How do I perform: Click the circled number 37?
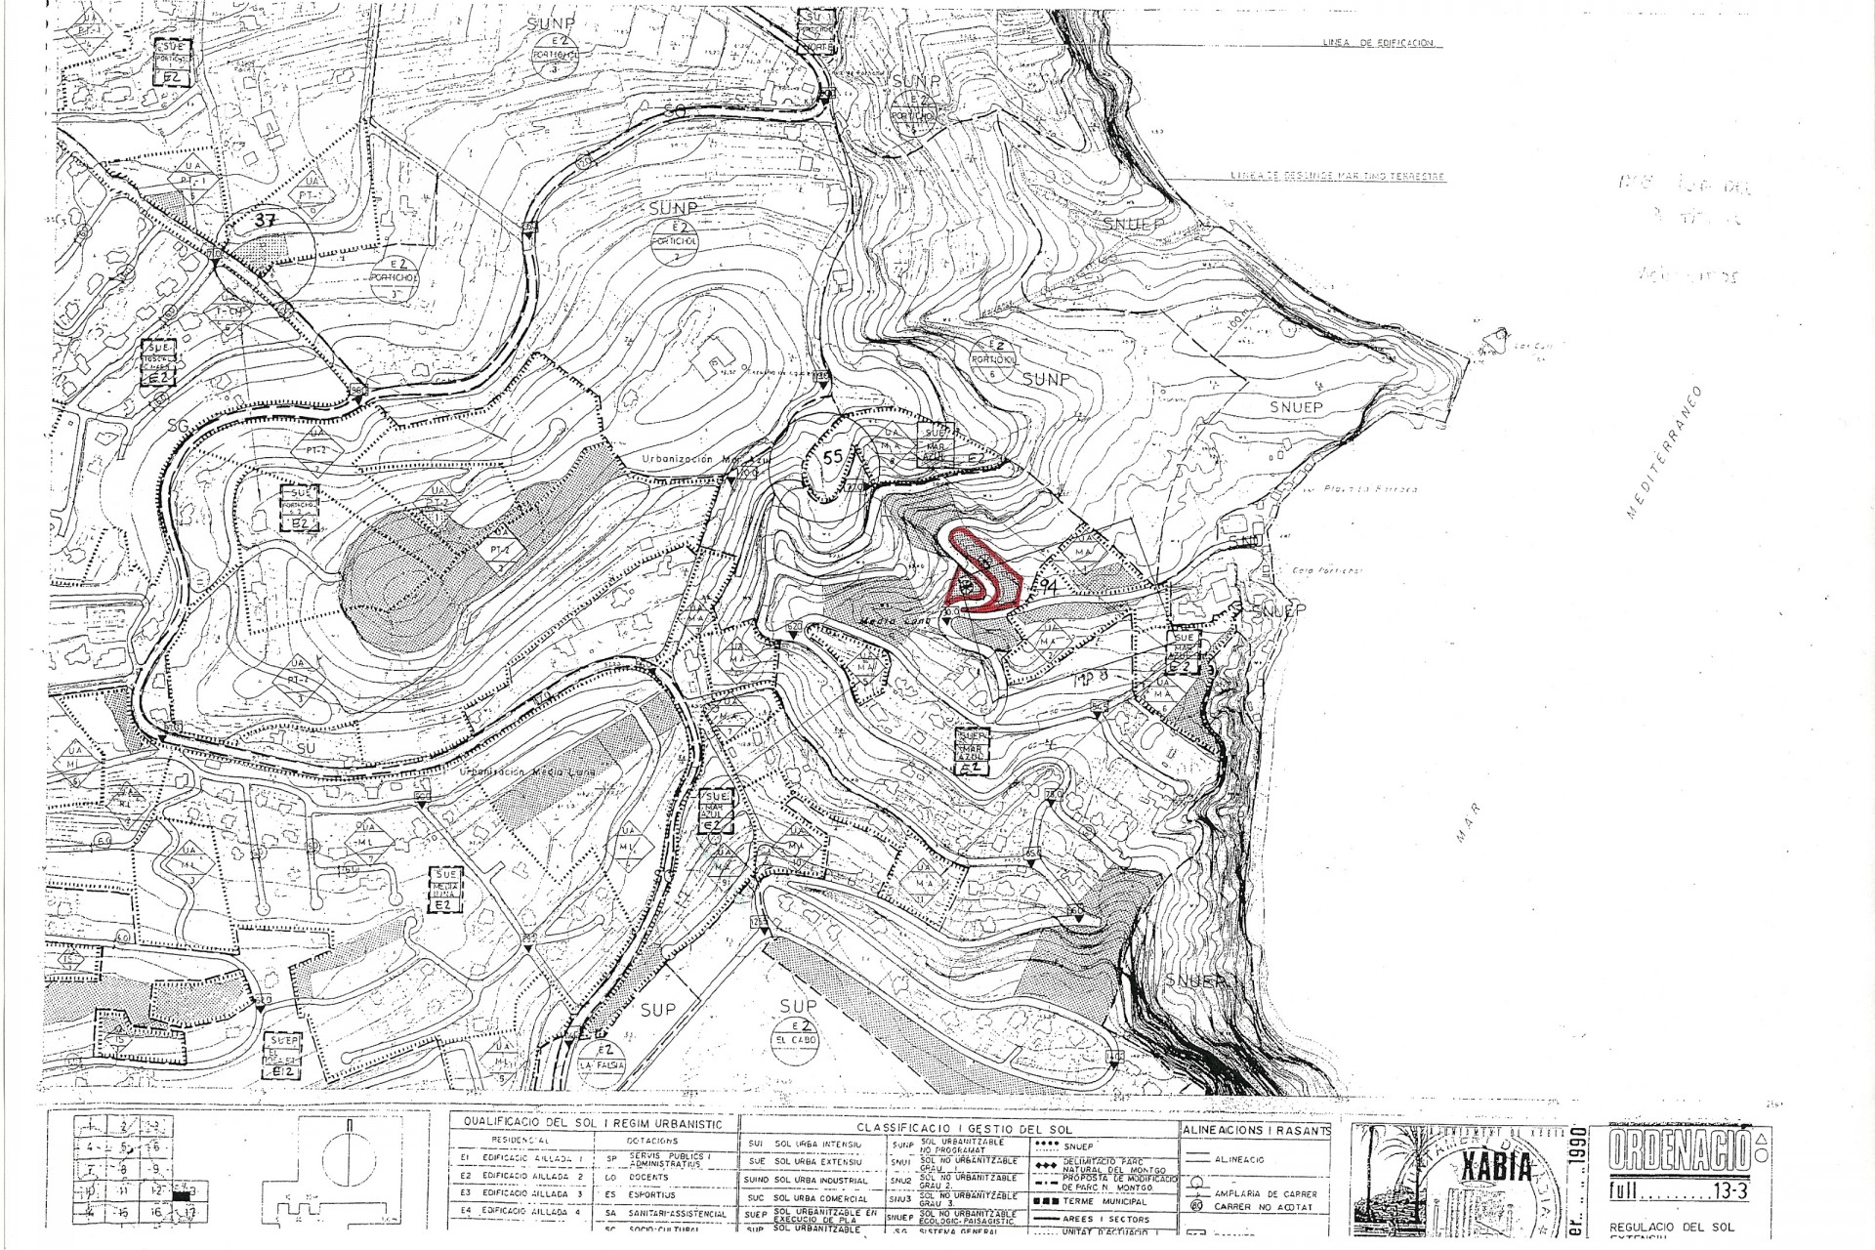pyautogui.click(x=266, y=221)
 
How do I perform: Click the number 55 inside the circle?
pyautogui.click(x=833, y=456)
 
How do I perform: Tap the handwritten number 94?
pyautogui.click(x=1050, y=586)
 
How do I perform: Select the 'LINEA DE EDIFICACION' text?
pyautogui.click(x=1377, y=44)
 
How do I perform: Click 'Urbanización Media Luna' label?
pyautogui.click(x=513, y=771)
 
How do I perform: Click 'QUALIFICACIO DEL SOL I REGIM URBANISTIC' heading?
pyautogui.click(x=594, y=1124)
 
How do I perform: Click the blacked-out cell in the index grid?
pyautogui.click(x=183, y=1194)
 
